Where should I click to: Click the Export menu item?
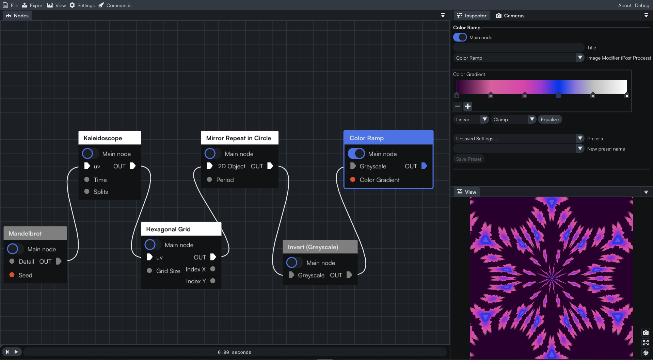click(33, 5)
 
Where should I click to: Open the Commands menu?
click(115, 5)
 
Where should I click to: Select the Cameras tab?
click(510, 16)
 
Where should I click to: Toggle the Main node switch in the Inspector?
click(460, 37)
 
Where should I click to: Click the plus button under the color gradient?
click(468, 106)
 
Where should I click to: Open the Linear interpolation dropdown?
click(471, 120)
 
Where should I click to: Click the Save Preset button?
click(468, 159)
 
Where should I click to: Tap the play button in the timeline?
click(16, 352)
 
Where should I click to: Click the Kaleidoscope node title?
click(103, 138)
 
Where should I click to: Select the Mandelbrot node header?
click(35, 233)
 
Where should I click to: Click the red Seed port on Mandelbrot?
click(12, 275)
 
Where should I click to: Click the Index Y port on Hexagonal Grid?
click(213, 281)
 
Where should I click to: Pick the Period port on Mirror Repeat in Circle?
click(209, 179)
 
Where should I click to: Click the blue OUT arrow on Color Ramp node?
click(424, 166)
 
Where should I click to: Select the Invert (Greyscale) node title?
click(313, 247)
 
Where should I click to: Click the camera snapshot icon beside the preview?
click(646, 332)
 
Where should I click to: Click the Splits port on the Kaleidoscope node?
click(87, 191)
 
